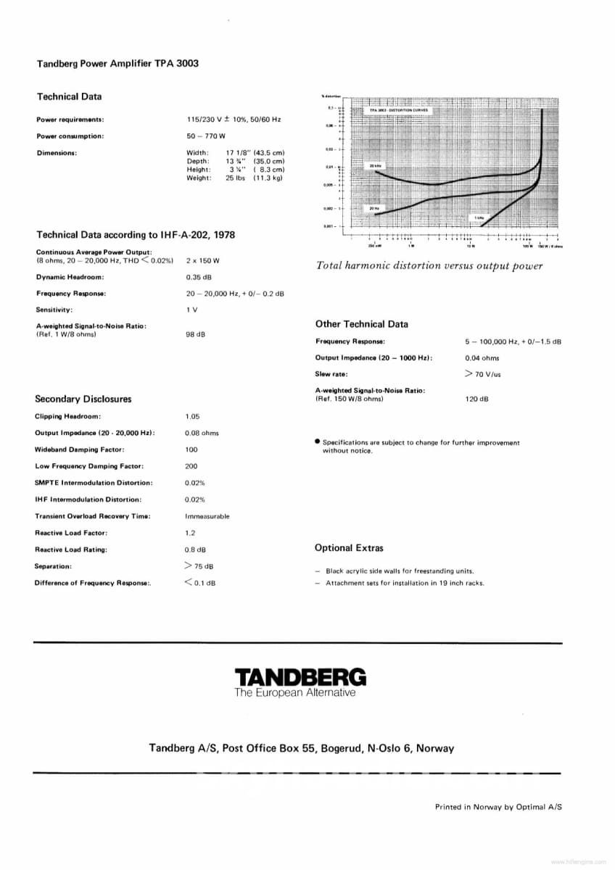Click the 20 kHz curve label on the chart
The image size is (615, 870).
click(x=376, y=166)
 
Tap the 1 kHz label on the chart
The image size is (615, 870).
click(x=479, y=217)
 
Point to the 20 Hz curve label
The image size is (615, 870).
click(x=374, y=209)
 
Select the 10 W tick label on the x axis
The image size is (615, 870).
click(x=471, y=246)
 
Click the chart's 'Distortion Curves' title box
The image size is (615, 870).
click(x=399, y=110)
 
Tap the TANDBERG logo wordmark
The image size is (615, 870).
click(x=300, y=677)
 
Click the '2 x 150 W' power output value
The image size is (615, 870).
click(x=202, y=260)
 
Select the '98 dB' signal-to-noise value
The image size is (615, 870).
click(x=195, y=334)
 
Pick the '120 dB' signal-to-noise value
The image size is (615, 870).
click(x=476, y=399)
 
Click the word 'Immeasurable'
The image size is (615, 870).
click(x=207, y=516)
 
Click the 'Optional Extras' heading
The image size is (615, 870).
click(x=349, y=548)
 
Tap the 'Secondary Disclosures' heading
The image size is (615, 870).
click(x=83, y=399)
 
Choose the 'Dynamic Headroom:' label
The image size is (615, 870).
click(x=70, y=277)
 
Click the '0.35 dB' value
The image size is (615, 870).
click(x=197, y=277)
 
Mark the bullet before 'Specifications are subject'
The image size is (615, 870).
click(x=318, y=442)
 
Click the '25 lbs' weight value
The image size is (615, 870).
click(x=236, y=178)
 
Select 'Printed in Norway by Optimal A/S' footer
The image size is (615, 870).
click(x=498, y=806)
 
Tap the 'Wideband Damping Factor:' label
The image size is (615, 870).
click(x=79, y=449)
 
